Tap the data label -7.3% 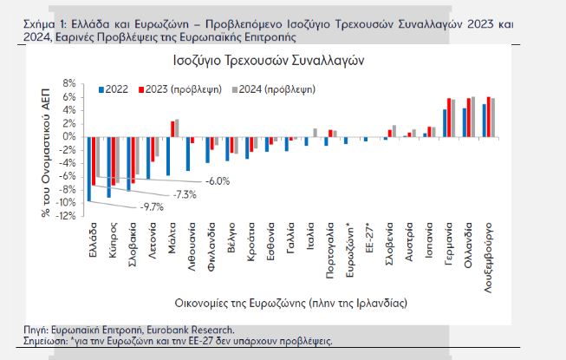coord(184,193)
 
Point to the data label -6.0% coord(217,180)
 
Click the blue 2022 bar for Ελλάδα coord(88,169)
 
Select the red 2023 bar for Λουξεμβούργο coord(489,117)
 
